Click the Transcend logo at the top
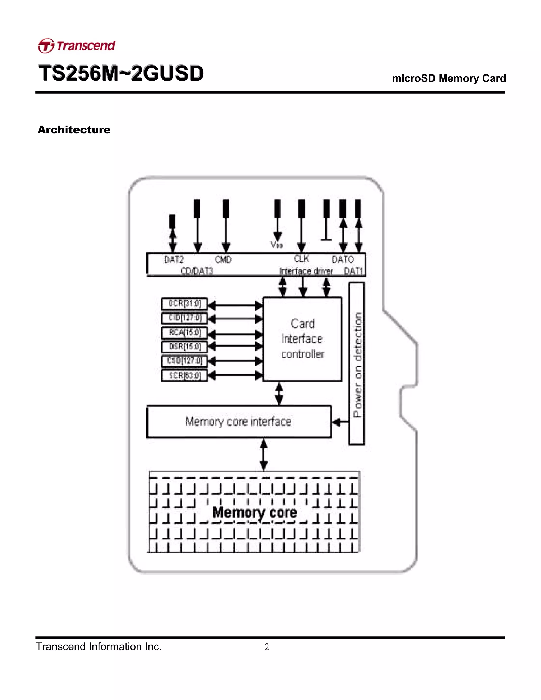(77, 45)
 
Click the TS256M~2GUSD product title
(121, 73)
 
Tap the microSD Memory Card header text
(449, 78)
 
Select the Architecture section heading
(74, 130)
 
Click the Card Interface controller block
(302, 339)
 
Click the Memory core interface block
(239, 422)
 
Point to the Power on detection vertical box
(357, 364)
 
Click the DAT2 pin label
(174, 259)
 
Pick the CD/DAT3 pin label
(197, 271)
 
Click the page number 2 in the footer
(267, 647)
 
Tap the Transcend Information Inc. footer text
(99, 646)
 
